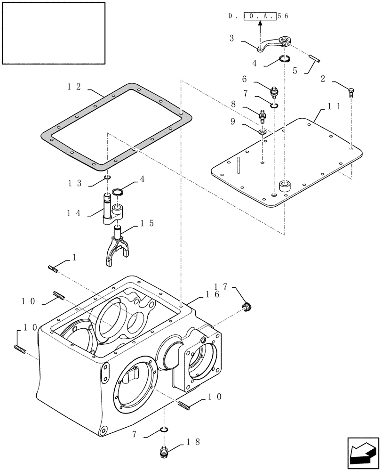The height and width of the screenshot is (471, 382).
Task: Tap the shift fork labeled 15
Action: click(116, 247)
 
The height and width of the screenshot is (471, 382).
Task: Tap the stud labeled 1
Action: click(52, 269)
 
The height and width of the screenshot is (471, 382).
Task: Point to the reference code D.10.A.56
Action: click(258, 16)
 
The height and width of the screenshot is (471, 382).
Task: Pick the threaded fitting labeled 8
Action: click(263, 115)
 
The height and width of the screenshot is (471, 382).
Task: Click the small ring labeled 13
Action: click(108, 177)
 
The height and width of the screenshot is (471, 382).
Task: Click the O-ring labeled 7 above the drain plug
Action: click(164, 430)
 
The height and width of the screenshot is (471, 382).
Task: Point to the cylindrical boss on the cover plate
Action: click(286, 186)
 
